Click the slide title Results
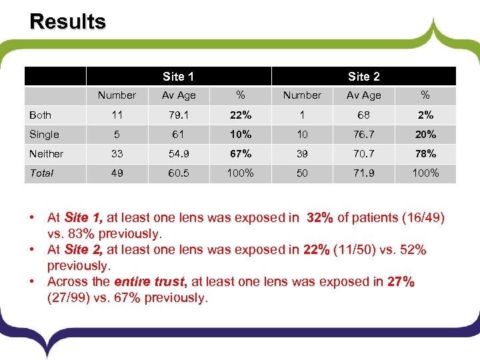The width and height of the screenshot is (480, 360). click(x=67, y=21)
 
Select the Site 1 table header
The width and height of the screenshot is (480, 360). click(x=178, y=77)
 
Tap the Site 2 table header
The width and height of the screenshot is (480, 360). click(x=363, y=77)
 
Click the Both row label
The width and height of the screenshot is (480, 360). click(x=40, y=115)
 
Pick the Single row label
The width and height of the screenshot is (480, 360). click(x=44, y=134)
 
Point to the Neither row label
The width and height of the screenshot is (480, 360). click(x=46, y=153)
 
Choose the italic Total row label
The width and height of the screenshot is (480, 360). click(x=41, y=173)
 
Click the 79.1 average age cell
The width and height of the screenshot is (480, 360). click(x=179, y=115)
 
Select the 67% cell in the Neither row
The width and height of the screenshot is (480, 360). click(x=240, y=153)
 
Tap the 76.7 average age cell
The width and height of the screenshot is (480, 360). click(x=363, y=134)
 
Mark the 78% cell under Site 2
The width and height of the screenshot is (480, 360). click(x=425, y=153)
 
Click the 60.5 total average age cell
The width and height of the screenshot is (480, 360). click(x=179, y=173)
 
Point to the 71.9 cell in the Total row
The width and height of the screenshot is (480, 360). click(x=363, y=173)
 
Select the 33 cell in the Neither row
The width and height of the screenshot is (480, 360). click(x=117, y=153)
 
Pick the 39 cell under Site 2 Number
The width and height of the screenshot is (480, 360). click(x=302, y=153)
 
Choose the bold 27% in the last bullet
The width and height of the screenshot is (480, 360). click(x=401, y=281)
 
